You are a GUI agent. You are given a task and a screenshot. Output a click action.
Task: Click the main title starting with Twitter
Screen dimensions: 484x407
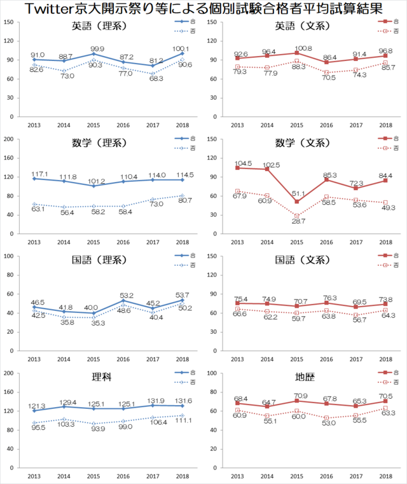(x=203, y=9)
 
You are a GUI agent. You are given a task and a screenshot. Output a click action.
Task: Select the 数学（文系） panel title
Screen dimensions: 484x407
(x=303, y=143)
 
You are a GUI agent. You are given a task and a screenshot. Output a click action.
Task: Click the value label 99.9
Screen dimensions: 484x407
(x=97, y=48)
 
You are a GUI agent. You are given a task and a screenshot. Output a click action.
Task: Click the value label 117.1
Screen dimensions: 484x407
(x=38, y=173)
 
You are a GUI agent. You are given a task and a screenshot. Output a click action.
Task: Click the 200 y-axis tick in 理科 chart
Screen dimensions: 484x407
(x=11, y=373)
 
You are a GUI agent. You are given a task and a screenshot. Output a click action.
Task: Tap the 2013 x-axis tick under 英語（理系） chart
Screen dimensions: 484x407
(x=35, y=125)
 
